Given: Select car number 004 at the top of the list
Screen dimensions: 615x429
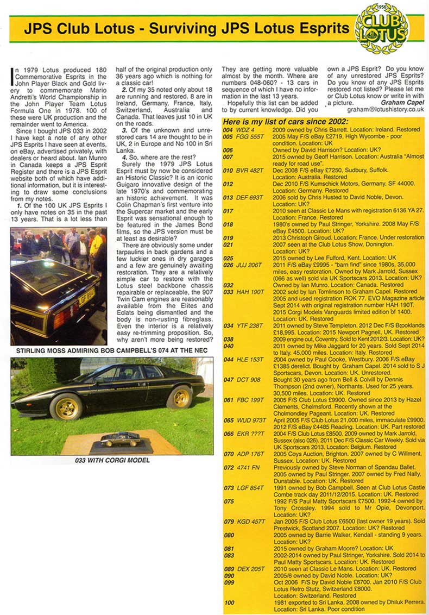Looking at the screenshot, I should [229, 130].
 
